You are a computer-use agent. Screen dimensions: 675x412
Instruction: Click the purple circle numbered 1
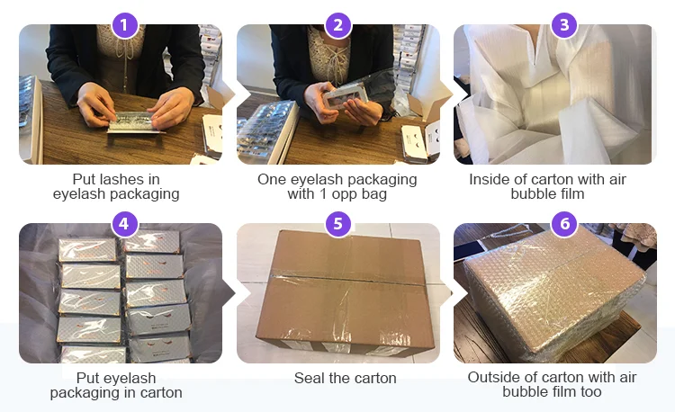(x=124, y=25)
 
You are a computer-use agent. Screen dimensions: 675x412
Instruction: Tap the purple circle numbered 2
(x=338, y=25)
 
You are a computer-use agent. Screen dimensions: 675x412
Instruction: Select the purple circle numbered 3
(x=564, y=25)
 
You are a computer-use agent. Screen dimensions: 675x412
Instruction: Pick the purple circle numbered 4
(x=124, y=224)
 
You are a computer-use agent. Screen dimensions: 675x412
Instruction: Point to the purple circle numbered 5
(x=338, y=224)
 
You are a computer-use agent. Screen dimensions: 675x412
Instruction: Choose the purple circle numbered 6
(x=564, y=224)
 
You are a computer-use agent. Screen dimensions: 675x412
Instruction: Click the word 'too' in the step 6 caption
(x=589, y=392)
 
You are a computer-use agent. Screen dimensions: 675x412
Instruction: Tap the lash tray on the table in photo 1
(x=134, y=122)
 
